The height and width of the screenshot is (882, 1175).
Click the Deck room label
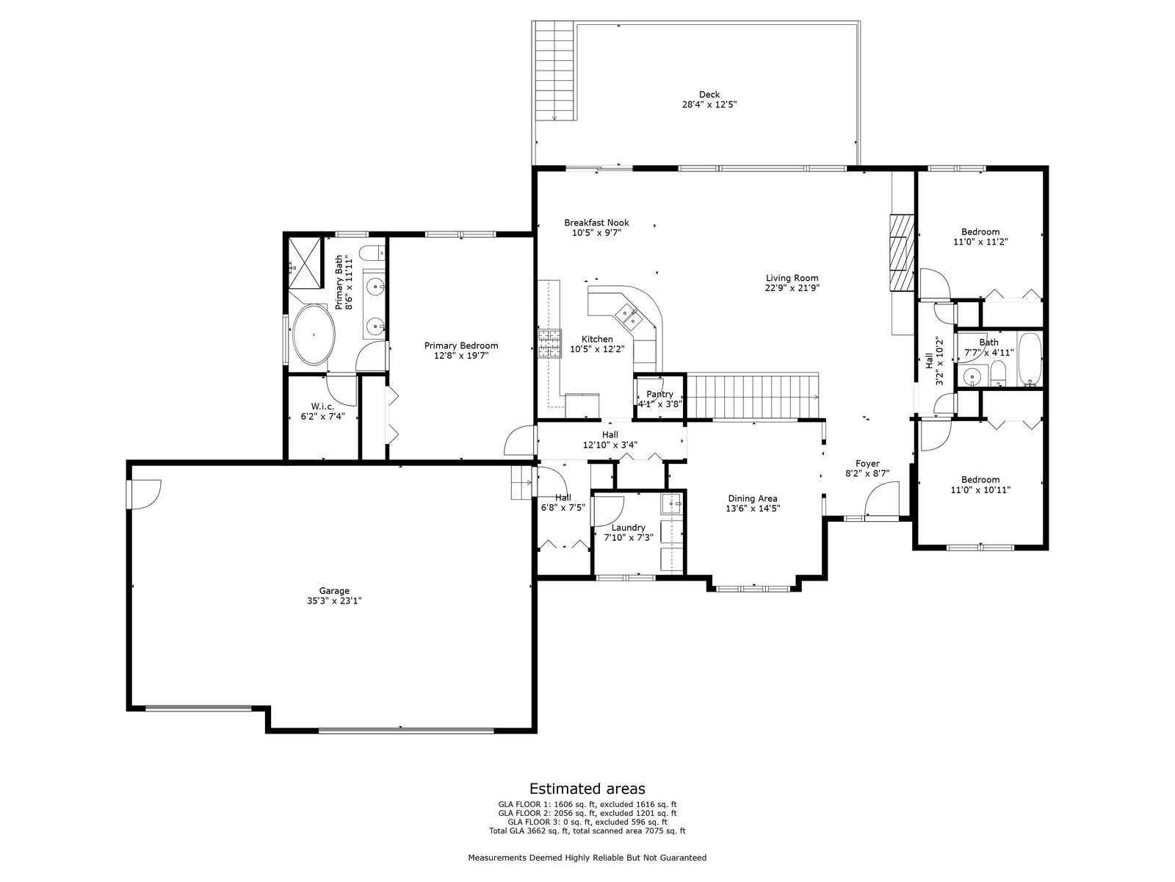[x=709, y=95]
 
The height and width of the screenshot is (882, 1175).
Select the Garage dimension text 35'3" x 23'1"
[x=334, y=600]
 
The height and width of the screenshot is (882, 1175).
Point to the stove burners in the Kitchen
[x=550, y=343]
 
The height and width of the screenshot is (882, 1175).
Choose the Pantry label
[x=659, y=394]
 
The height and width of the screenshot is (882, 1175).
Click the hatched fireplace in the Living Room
[x=902, y=253]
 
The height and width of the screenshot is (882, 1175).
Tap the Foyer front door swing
[x=882, y=499]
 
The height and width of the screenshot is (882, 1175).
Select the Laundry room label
[x=629, y=528]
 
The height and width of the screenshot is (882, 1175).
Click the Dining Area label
[x=753, y=498]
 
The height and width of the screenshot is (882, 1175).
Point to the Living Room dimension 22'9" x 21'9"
[x=792, y=287]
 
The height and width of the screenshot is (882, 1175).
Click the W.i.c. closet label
[x=322, y=406]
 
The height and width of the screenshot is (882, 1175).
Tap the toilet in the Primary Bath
[x=372, y=253]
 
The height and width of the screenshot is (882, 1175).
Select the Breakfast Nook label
[x=596, y=223]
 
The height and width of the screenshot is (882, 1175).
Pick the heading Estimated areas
[x=587, y=788]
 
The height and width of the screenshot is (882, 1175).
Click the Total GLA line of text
[x=587, y=831]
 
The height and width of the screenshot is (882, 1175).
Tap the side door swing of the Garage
[x=145, y=494]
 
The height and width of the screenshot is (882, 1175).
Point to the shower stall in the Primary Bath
[x=306, y=263]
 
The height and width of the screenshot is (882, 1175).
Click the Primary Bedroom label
[x=461, y=346]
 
